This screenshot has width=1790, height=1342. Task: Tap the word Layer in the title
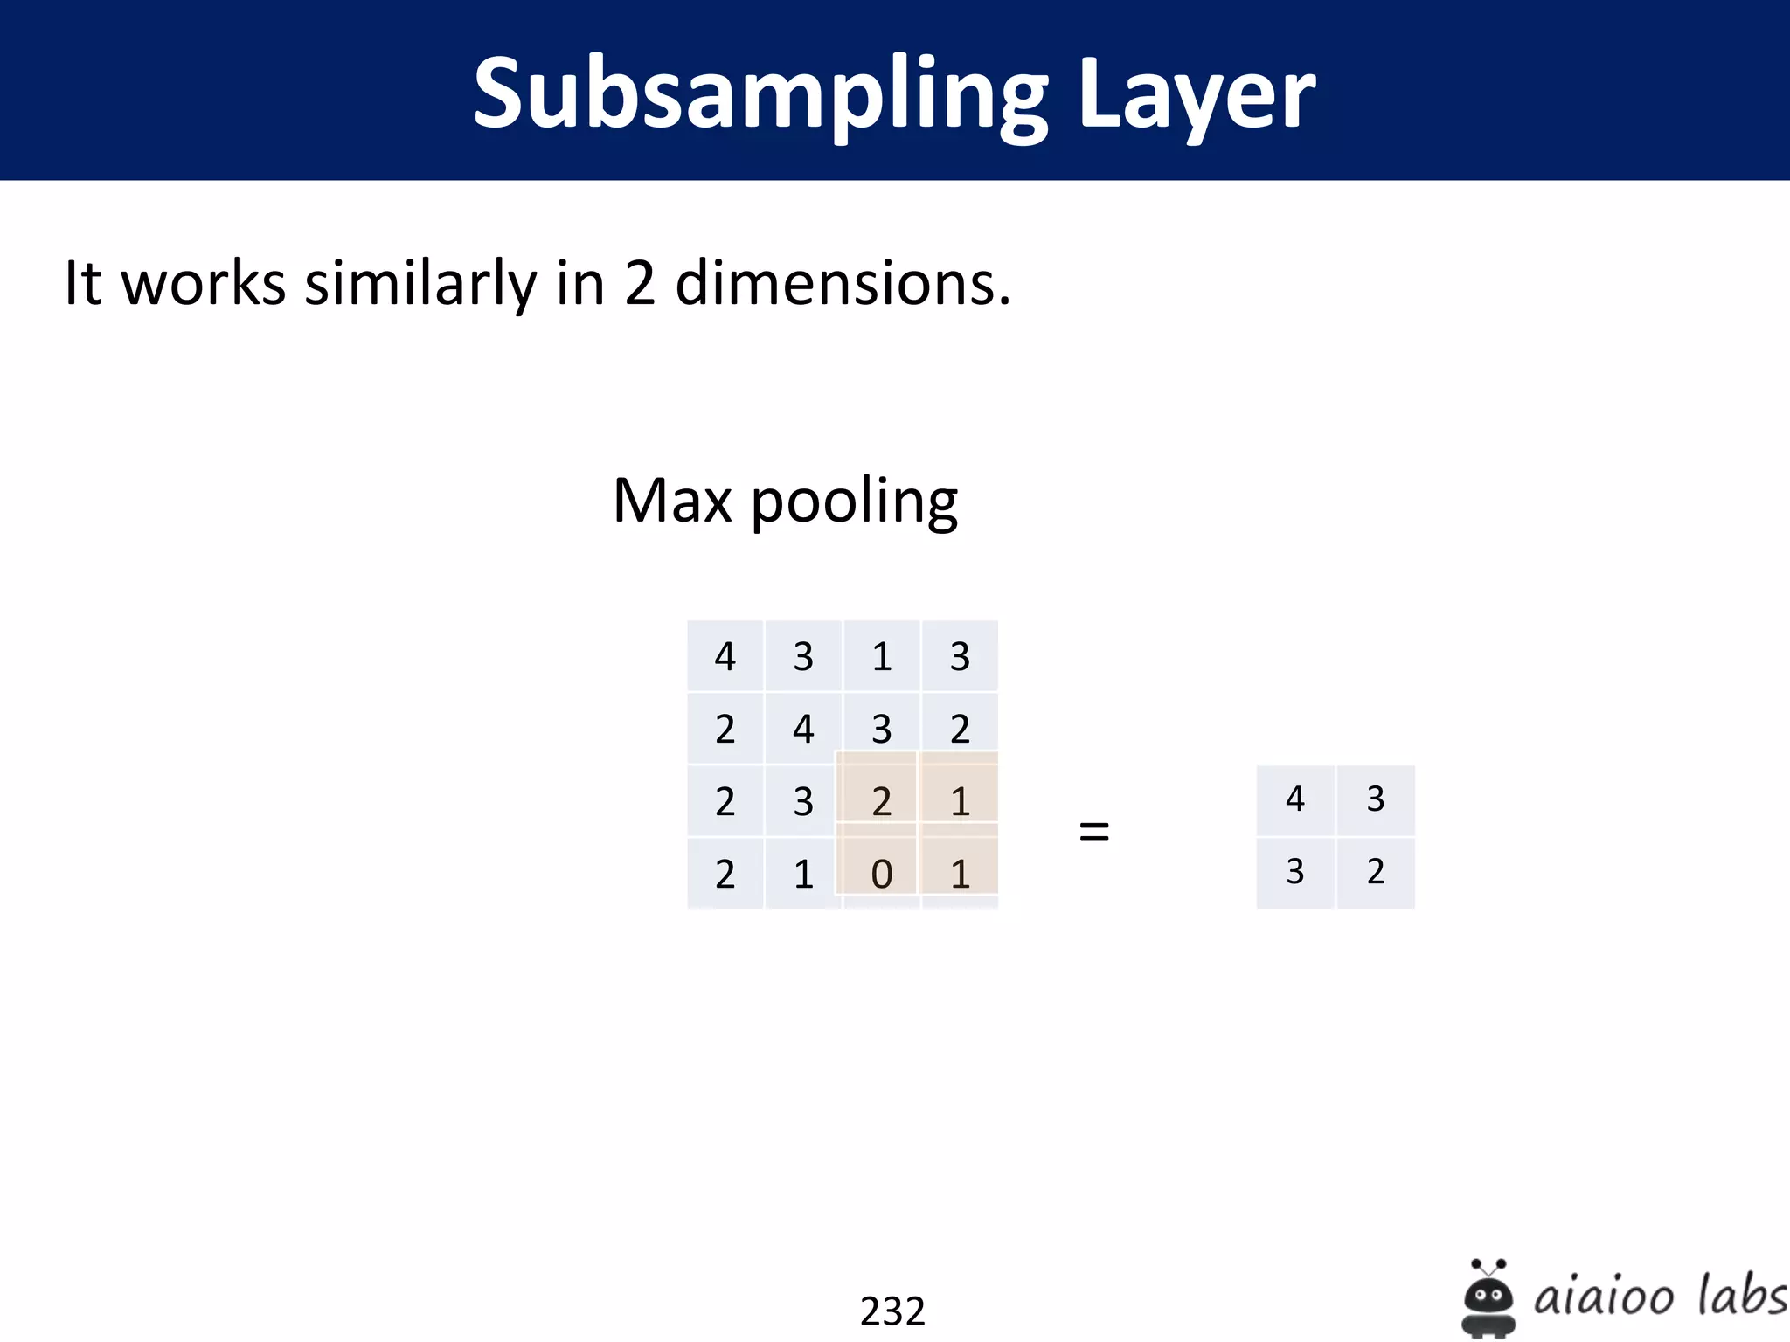coord(1197,94)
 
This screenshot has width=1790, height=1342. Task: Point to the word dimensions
coord(843,283)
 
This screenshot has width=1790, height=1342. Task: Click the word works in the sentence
coord(204,283)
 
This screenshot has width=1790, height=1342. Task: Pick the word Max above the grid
coord(672,501)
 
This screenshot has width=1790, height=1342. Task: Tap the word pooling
coord(854,502)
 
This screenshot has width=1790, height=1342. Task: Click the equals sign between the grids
coord(1093,831)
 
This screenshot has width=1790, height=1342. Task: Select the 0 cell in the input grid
coord(881,874)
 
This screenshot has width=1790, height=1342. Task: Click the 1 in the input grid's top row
coord(881,656)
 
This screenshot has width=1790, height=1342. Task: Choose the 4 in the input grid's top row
coord(725,656)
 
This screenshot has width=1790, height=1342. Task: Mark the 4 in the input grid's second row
coord(803,729)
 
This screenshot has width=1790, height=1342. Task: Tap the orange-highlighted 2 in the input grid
coord(881,801)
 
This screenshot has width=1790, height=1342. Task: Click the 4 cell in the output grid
coord(1294,799)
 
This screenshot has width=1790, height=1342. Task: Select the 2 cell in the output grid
coord(1375,871)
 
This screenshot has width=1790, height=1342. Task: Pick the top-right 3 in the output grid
coord(1375,799)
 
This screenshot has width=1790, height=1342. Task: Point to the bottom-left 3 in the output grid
coord(1294,871)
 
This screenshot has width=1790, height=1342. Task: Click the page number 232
coord(892,1311)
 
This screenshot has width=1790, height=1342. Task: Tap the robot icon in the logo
coord(1488,1298)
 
